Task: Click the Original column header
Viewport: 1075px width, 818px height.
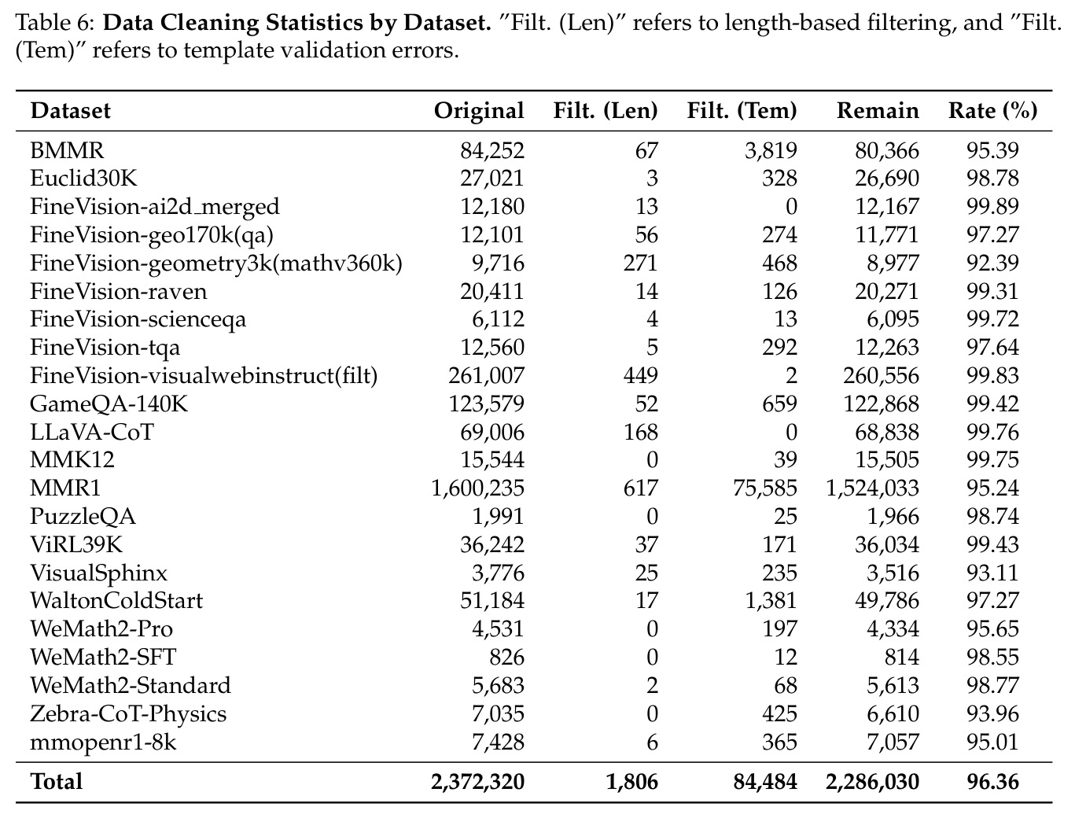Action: tap(478, 111)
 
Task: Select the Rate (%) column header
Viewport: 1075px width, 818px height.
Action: tap(992, 111)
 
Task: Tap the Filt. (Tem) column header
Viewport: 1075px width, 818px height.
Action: tap(742, 111)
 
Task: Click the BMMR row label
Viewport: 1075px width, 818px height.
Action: tap(67, 150)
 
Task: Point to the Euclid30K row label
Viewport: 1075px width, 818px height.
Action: tap(83, 179)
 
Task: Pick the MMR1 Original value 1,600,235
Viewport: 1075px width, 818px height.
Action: tap(477, 488)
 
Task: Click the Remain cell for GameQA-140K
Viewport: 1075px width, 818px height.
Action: tap(881, 404)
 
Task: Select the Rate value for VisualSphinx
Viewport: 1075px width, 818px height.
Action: tap(992, 573)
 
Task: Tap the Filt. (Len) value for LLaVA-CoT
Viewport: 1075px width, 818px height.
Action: tap(640, 433)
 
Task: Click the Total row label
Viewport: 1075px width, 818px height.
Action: tap(57, 782)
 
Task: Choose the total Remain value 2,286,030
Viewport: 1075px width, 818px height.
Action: tap(872, 783)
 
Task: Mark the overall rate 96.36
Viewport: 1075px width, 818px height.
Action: tap(992, 783)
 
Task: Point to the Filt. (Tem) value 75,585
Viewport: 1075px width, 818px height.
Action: tap(765, 488)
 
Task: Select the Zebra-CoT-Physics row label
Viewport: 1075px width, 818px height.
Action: tap(128, 714)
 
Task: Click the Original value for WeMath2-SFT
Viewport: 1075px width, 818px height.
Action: tap(506, 658)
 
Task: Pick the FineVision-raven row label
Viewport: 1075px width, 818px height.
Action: tap(119, 292)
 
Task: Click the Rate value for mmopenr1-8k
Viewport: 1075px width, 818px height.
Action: tap(992, 742)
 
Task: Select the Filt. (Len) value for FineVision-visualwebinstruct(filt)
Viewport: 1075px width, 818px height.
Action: tap(640, 376)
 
